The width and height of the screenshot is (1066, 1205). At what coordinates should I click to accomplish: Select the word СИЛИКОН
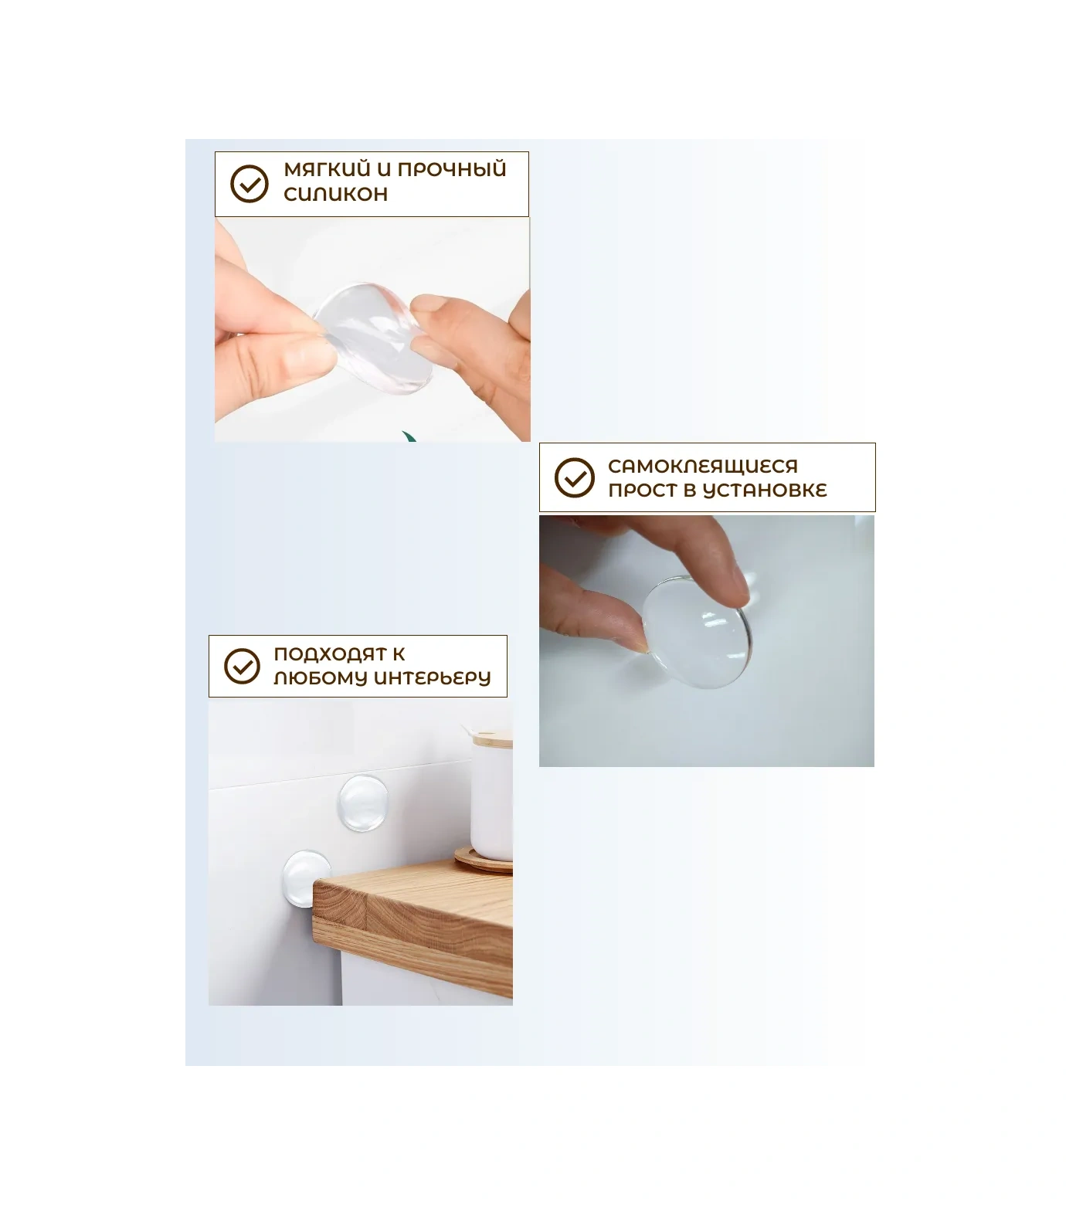pos(335,194)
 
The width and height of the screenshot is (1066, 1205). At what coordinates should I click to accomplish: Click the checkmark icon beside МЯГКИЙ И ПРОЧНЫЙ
pos(250,184)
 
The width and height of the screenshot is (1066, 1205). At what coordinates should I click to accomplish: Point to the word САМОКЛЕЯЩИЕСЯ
pos(703,467)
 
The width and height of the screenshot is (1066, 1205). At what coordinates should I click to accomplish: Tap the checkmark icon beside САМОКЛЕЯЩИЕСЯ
pos(575,477)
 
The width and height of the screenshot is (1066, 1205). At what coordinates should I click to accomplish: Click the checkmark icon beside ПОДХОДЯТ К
pos(243,666)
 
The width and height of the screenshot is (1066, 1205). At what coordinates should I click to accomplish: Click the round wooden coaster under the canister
pos(484,859)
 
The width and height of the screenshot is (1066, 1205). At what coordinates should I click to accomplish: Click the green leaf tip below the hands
pos(410,436)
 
